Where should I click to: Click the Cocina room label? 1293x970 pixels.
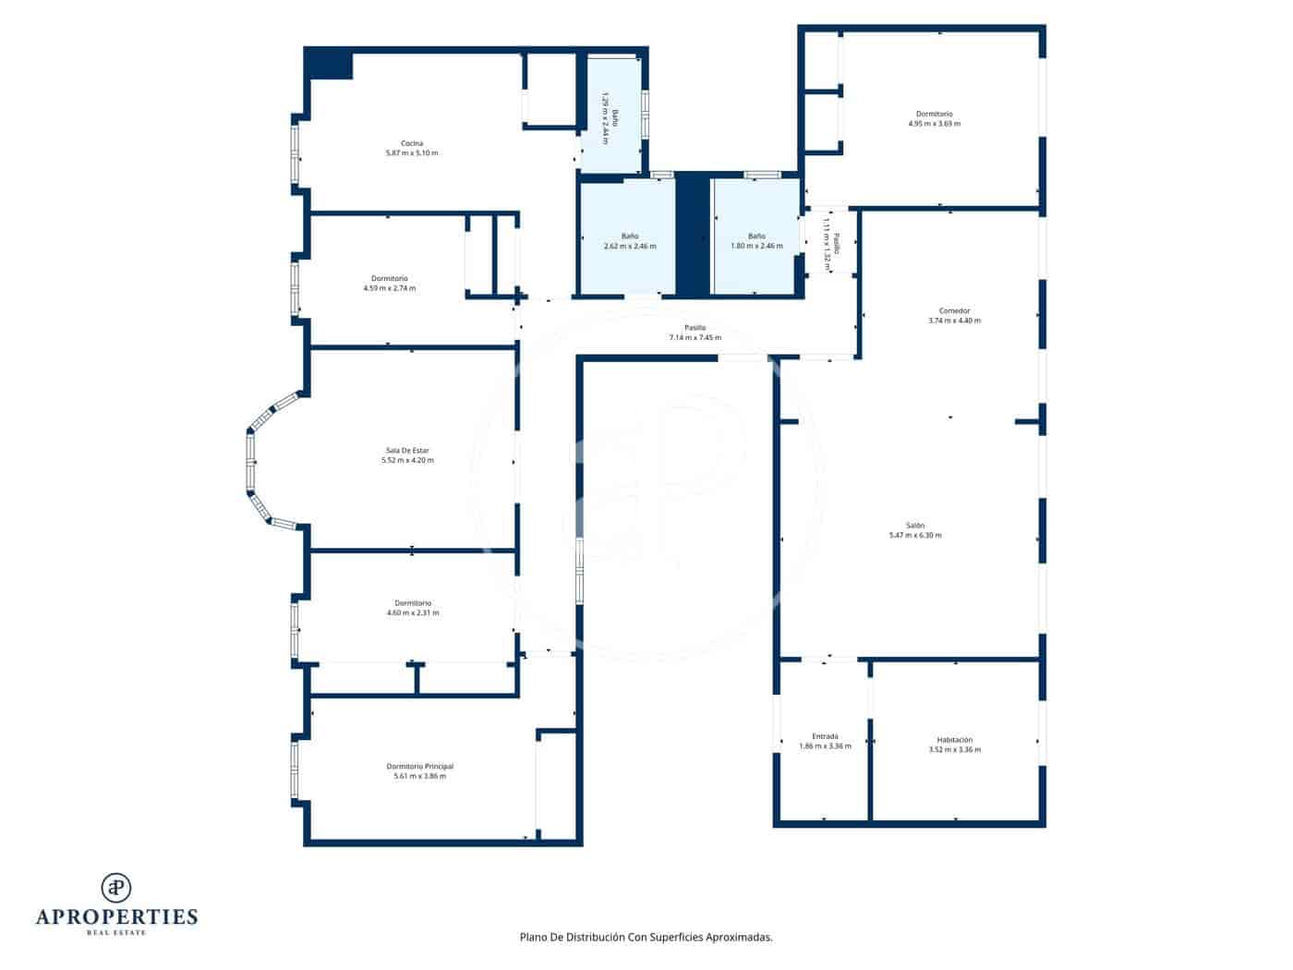click(412, 143)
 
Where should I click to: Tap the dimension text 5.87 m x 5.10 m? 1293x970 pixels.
click(412, 153)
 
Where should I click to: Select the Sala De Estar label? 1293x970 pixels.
click(407, 451)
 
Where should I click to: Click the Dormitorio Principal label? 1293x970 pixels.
click(419, 766)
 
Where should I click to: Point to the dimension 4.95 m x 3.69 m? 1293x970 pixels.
click(934, 124)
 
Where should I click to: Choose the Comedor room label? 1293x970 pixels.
click(954, 311)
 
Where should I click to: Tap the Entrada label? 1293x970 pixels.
click(825, 736)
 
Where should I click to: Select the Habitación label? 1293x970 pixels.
click(954, 740)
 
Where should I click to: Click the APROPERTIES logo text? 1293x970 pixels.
click(116, 916)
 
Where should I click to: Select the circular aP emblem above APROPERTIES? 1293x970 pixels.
click(116, 887)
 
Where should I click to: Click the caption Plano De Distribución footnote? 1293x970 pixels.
click(646, 937)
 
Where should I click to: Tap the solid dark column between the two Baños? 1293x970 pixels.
click(692, 236)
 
